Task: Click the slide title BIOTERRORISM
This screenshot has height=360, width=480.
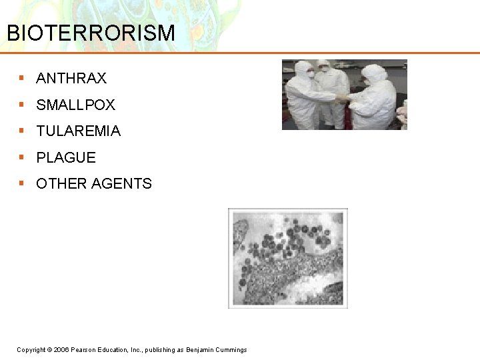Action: coord(91,33)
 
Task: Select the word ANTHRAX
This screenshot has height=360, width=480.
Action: coord(71,79)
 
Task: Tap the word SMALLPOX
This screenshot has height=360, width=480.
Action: coord(76,105)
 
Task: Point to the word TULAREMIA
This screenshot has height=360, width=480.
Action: coord(79,131)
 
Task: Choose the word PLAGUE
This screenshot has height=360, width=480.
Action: coord(66,158)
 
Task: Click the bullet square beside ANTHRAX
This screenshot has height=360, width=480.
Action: coord(22,78)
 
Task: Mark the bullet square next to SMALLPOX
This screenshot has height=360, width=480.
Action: coord(22,105)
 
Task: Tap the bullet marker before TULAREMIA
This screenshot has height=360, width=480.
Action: coord(22,131)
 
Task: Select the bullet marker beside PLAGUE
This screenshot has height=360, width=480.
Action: coord(22,157)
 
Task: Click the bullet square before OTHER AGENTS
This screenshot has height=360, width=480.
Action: coord(22,183)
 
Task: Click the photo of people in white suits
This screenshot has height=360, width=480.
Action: coord(344,95)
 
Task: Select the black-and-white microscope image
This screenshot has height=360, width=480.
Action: coord(288,257)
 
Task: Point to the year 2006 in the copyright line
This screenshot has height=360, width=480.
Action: coord(61,350)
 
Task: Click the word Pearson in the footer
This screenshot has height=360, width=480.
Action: coord(83,350)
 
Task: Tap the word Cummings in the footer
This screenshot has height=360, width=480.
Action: coord(231,350)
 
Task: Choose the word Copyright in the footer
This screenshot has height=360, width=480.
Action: coord(31,350)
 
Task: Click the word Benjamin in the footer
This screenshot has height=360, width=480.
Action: coord(199,350)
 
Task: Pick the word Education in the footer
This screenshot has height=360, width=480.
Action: coord(112,350)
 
